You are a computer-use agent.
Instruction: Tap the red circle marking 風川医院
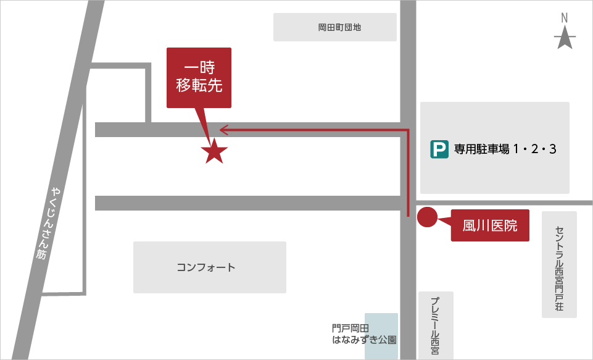428,217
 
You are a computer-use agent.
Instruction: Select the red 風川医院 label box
490,225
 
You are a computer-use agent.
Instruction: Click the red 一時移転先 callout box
199,78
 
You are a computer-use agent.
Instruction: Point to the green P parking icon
439,149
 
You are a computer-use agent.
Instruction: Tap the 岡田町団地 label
335,28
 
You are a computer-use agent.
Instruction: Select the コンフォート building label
206,267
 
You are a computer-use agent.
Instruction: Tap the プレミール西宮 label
436,324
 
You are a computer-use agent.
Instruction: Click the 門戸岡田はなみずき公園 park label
363,334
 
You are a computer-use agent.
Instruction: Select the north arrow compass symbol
565,40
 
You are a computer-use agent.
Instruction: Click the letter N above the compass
565,19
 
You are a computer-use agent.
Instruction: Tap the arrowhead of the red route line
224,130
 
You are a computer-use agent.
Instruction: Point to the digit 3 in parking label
552,149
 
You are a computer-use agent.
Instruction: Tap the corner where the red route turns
408,130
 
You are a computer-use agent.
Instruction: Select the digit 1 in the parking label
517,149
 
